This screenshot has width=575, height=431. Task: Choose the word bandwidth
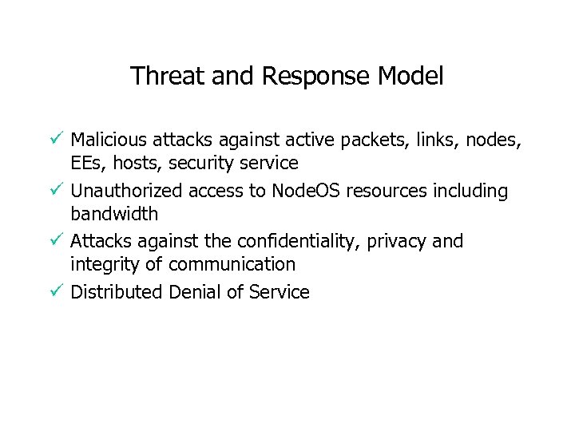[x=114, y=214]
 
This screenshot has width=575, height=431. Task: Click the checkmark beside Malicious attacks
[x=54, y=140]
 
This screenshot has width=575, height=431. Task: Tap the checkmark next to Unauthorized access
[x=54, y=191]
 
